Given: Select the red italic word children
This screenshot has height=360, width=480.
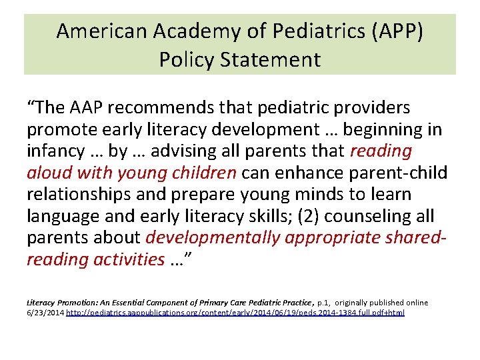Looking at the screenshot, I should point(203,173).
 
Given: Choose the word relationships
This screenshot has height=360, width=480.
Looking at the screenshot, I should point(77,195).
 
